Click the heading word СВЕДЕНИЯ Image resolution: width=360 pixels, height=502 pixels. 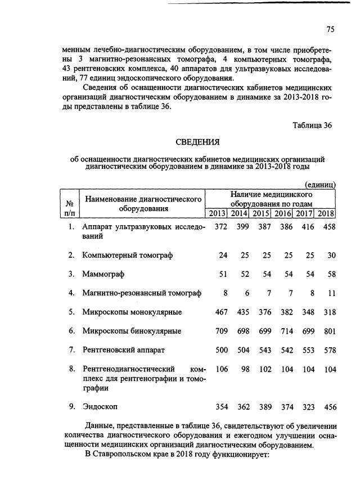[x=197, y=141]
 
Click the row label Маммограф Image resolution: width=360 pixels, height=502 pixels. [x=103, y=274]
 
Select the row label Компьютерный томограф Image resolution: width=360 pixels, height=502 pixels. [x=127, y=255]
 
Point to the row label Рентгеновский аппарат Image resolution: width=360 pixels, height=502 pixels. [x=123, y=350]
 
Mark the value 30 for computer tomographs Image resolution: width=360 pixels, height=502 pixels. [x=331, y=255]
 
